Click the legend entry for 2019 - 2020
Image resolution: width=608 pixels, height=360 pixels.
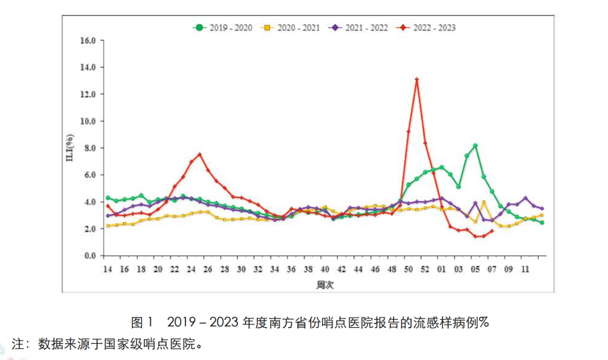pos(222,28)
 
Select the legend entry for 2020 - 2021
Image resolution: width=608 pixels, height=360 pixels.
pos(290,28)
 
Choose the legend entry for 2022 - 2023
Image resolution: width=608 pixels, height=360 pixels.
pos(426,28)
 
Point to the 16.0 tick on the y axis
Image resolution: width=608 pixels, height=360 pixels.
pos(89,40)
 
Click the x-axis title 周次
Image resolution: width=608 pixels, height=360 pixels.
pos(325,286)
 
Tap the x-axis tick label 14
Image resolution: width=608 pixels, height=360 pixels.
pos(107,269)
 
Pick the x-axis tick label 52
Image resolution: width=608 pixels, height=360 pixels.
pos(426,269)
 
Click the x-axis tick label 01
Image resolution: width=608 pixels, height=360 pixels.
pos(442,269)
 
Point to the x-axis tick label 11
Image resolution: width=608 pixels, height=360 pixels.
pos(525,269)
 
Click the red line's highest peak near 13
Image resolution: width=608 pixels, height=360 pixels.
pos(417,79)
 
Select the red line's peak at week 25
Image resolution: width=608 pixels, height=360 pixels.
pos(199,155)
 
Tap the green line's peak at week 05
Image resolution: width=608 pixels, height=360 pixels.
pos(475,146)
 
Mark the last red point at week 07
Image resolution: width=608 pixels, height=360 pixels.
pos(492,231)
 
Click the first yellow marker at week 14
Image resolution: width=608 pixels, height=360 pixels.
pos(108,226)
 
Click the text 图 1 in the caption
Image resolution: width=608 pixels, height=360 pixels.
pos(142,322)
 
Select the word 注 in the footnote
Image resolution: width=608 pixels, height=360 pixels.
pos(19,343)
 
